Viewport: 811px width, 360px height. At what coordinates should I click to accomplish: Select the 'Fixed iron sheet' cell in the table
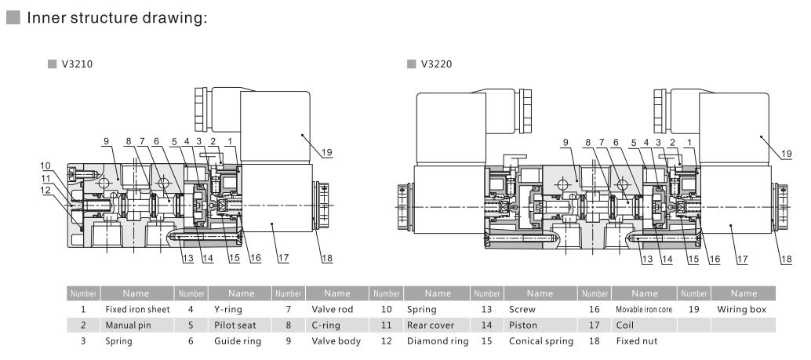[x=137, y=309]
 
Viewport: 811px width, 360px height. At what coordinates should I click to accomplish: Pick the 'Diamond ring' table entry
[x=437, y=341]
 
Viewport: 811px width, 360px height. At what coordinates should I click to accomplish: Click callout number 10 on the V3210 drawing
[x=47, y=165]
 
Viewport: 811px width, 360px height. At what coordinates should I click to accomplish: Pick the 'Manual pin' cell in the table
[x=127, y=325]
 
